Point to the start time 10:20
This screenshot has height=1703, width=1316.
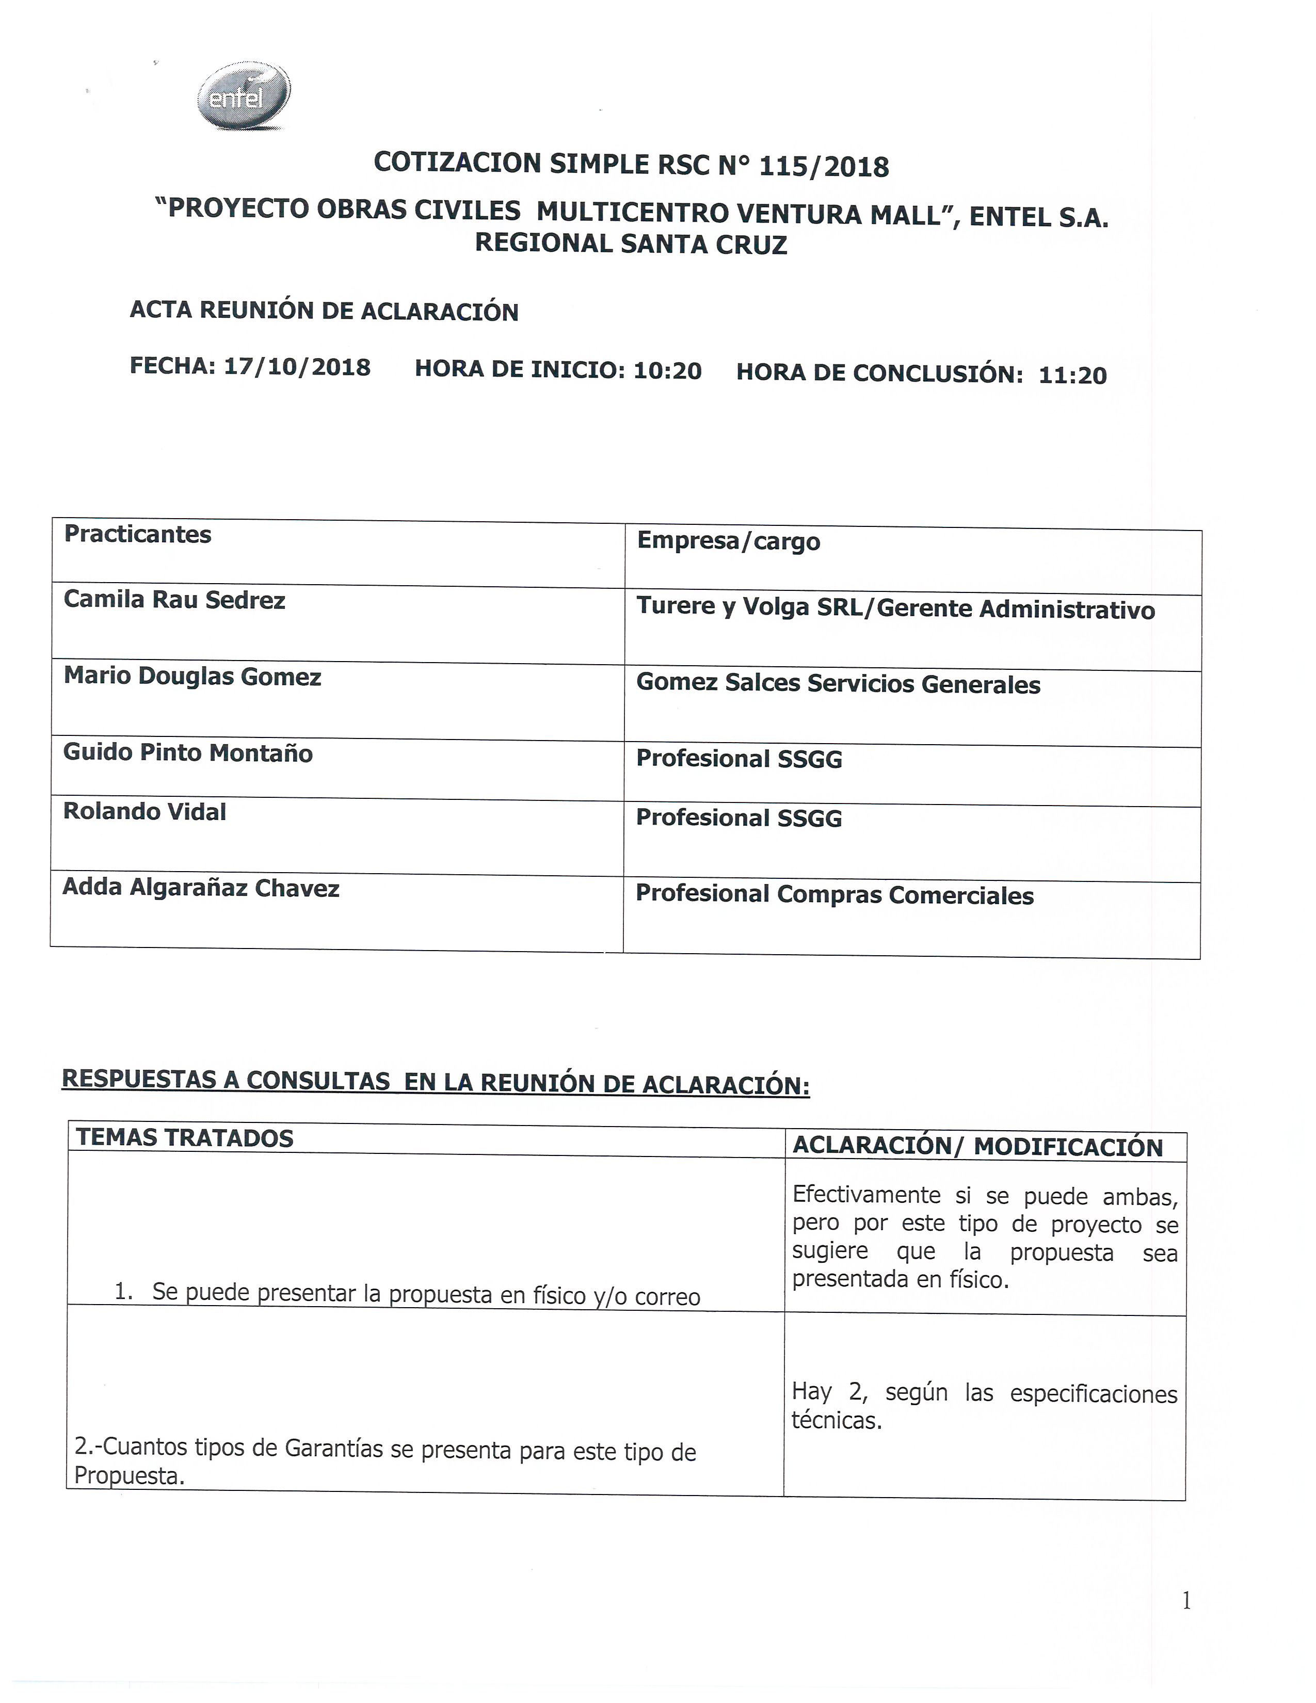click(667, 371)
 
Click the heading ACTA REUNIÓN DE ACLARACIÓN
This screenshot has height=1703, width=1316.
click(324, 310)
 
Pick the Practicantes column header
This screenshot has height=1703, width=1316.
click(137, 535)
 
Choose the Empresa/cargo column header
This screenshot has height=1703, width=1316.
click(728, 541)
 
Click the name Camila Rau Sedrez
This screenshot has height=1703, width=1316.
click(174, 600)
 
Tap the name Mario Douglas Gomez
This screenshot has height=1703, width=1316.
click(192, 676)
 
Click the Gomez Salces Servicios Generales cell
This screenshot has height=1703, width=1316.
click(838, 684)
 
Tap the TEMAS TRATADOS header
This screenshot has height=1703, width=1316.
click(184, 1138)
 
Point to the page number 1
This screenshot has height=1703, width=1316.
click(1186, 1601)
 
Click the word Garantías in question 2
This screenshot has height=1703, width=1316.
click(334, 1449)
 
